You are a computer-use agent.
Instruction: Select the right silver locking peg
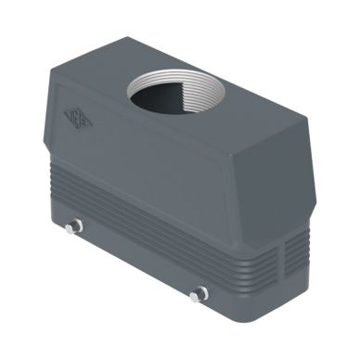coord(197,295)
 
